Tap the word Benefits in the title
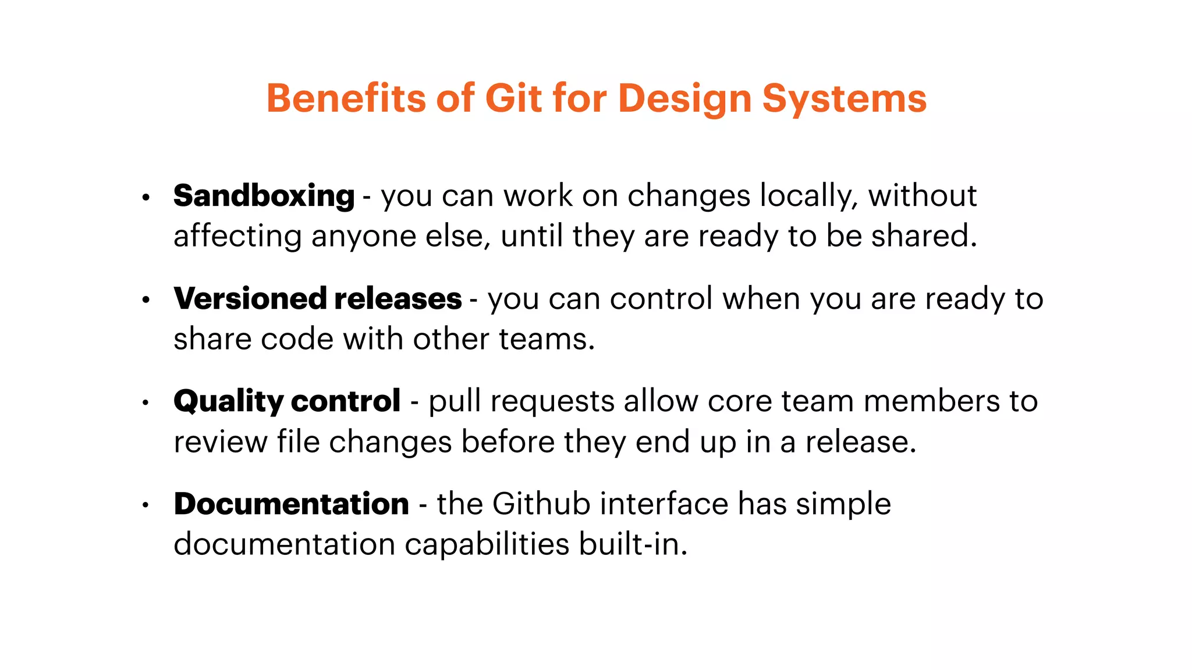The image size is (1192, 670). [x=346, y=98]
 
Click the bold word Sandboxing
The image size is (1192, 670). [x=264, y=196]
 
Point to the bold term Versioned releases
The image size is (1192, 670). [x=317, y=299]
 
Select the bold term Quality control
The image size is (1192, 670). [x=286, y=401]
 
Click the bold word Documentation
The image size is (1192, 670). [x=291, y=504]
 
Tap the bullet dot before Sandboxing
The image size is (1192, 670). [x=146, y=198]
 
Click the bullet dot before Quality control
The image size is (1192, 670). [x=146, y=402]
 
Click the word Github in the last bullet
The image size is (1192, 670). [x=541, y=504]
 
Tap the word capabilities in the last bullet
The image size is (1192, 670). [x=487, y=546]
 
